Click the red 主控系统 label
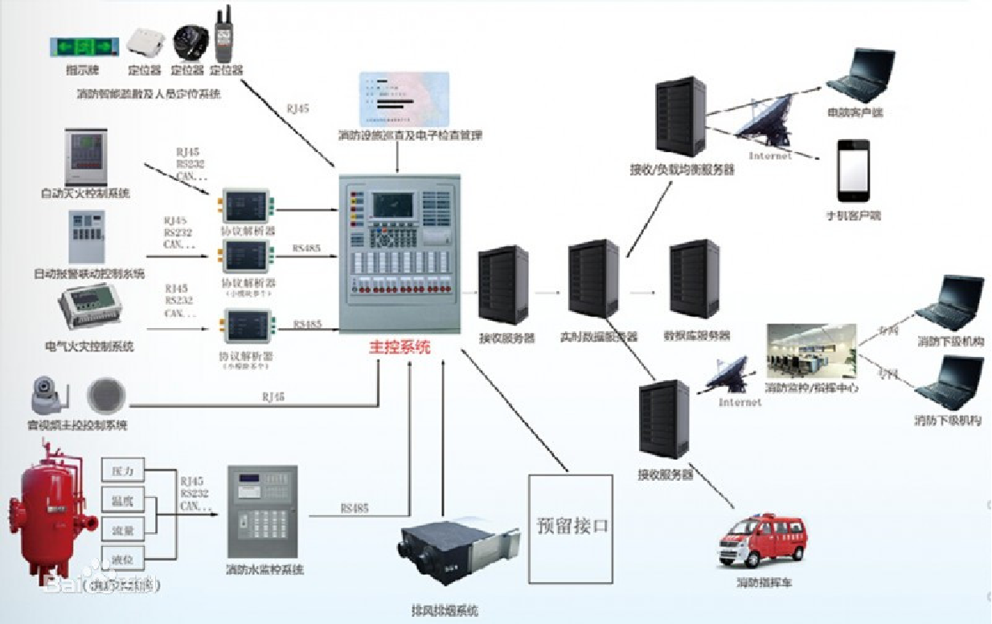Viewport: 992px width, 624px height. click(x=400, y=348)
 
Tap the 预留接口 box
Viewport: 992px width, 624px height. click(x=571, y=528)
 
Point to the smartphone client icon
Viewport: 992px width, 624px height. click(x=853, y=170)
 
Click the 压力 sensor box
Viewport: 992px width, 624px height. click(x=123, y=470)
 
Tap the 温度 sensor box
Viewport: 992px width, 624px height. click(x=123, y=500)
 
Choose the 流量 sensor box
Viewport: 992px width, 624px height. click(x=123, y=529)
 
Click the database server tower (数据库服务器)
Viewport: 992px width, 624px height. click(x=694, y=279)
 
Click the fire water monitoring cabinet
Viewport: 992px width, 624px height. click(x=263, y=512)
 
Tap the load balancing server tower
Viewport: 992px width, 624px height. click(x=679, y=116)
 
